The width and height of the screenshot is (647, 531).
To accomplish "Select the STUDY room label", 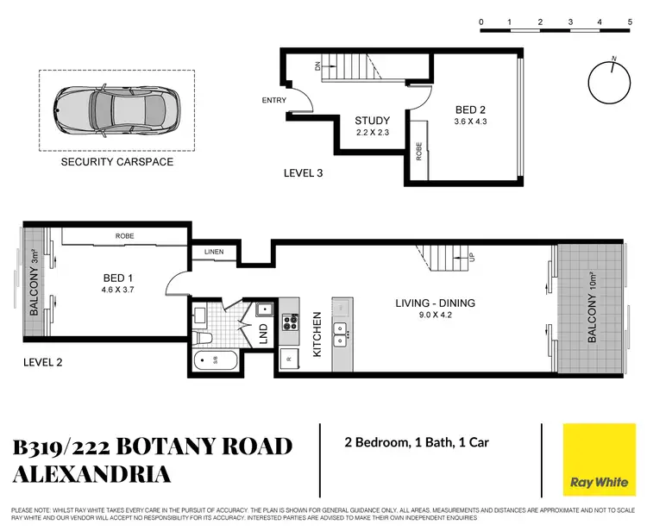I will [372, 121].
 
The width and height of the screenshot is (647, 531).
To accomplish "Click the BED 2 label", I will [473, 109].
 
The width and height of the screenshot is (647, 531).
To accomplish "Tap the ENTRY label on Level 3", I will [274, 101].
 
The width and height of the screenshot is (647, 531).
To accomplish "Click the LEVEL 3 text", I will [303, 173].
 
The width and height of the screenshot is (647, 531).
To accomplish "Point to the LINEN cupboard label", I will [214, 252].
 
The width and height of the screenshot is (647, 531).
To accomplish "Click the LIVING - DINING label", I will [435, 303].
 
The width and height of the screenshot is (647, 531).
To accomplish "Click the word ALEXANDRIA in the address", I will [92, 474].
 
